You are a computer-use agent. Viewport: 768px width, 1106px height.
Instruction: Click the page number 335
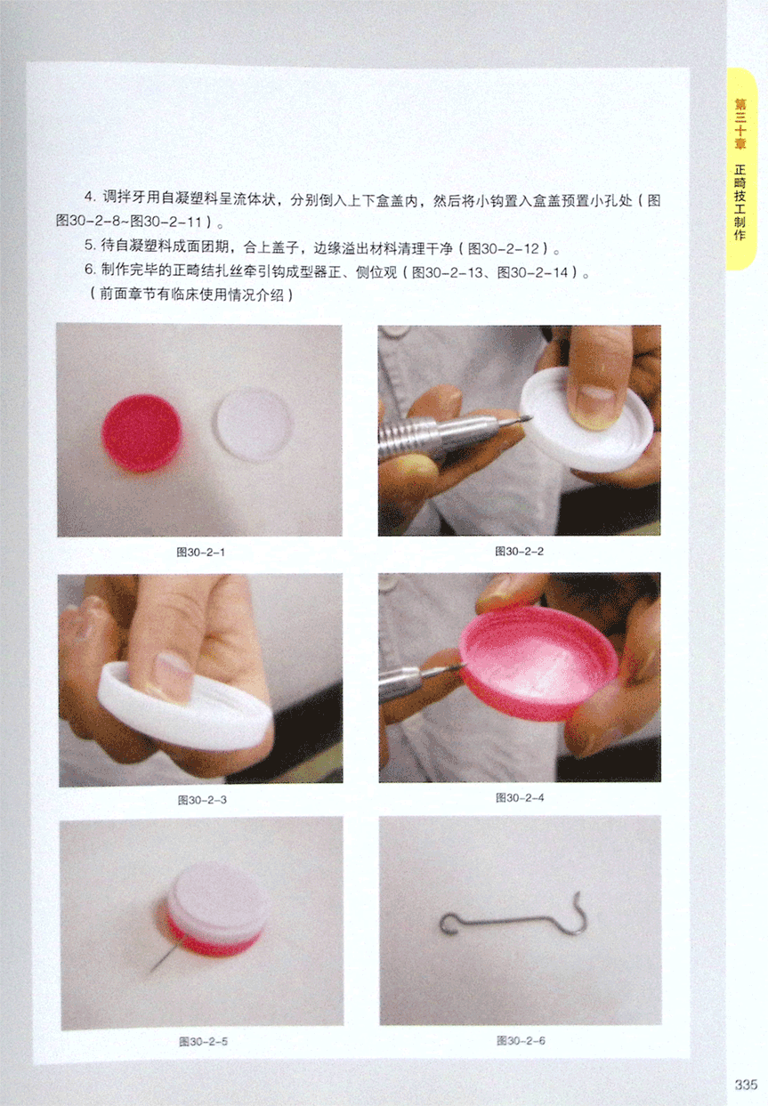coord(746,1084)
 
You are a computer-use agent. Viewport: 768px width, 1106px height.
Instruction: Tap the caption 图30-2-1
coord(200,552)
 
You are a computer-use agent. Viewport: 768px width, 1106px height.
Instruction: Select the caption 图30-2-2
coord(519,551)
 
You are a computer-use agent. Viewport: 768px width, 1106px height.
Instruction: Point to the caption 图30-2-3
coord(202,800)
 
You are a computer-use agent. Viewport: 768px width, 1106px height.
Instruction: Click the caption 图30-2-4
coord(520,797)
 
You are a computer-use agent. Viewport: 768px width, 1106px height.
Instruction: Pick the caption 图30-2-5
coord(203,1042)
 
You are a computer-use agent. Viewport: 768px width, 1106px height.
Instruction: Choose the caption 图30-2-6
coord(521,1041)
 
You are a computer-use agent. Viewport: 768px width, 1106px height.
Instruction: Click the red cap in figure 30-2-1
coord(141,433)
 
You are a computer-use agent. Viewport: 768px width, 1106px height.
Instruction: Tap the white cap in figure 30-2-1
coord(254,424)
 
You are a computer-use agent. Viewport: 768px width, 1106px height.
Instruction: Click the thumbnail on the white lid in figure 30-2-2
coord(595,405)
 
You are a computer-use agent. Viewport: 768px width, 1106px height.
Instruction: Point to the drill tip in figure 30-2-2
coord(525,419)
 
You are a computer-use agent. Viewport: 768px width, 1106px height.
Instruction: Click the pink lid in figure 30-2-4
coord(538,663)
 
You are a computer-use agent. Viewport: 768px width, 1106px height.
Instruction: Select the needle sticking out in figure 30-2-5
coord(161,959)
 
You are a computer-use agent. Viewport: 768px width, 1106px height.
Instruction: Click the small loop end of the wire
coord(449,924)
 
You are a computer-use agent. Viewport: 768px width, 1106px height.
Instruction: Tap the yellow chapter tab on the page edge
coord(740,169)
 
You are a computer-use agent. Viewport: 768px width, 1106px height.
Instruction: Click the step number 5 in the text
coord(89,246)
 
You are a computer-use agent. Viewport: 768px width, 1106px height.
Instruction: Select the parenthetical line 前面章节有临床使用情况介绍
coord(190,295)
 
